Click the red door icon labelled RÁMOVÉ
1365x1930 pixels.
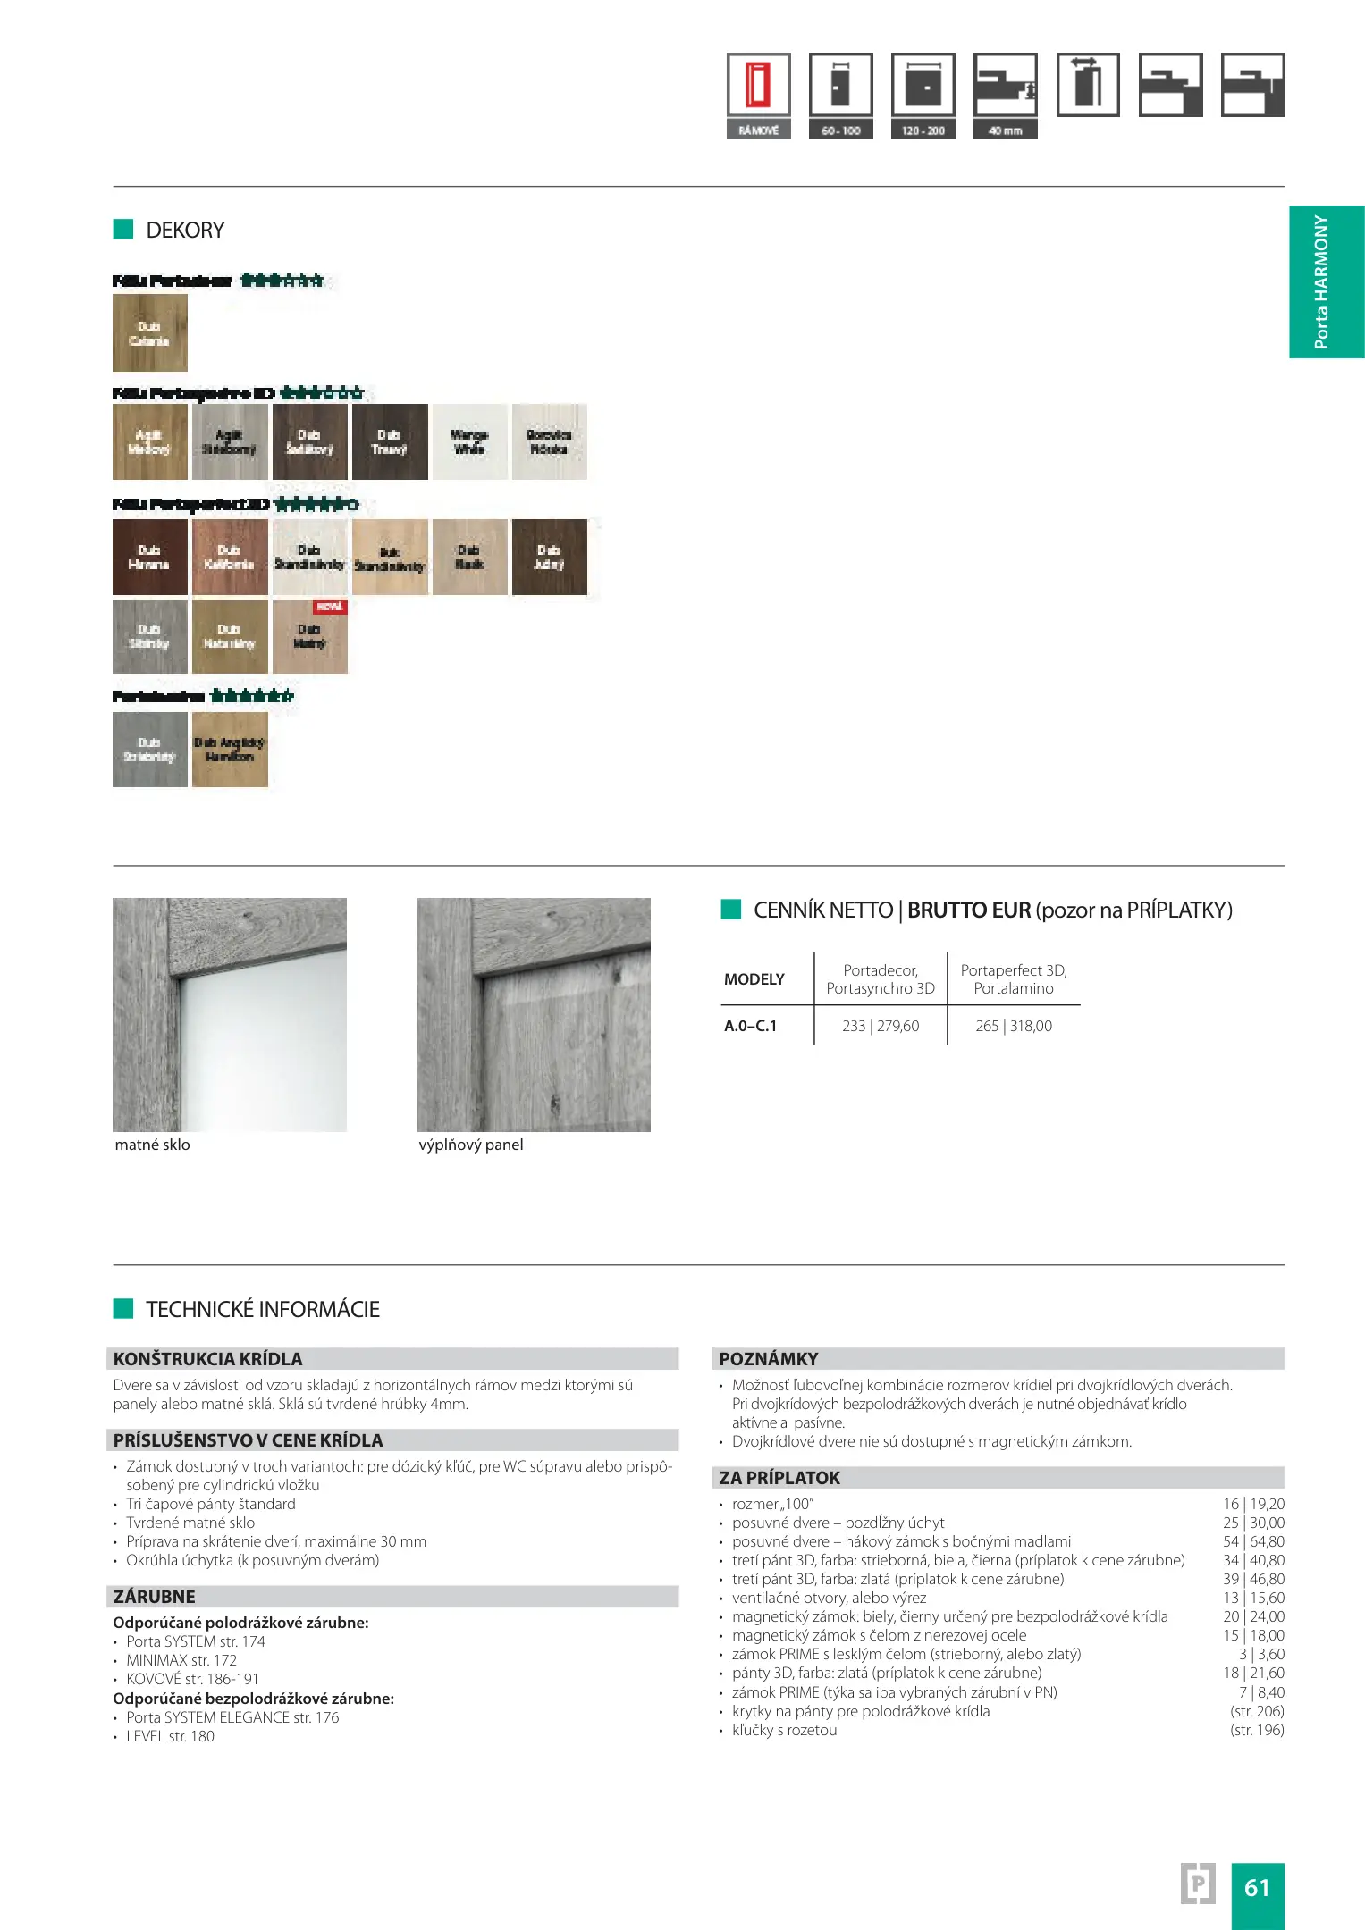coord(758,86)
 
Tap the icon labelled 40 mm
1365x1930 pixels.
coord(1005,86)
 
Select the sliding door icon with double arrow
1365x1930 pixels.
coord(1087,84)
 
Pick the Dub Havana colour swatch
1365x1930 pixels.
coord(149,557)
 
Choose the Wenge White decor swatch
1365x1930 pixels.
coord(469,442)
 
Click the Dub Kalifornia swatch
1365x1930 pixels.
coord(230,557)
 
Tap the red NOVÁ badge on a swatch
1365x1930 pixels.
coord(330,607)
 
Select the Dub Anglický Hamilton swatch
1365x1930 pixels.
coord(230,749)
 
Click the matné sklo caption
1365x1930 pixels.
coord(152,1145)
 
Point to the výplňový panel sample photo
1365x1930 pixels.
coord(534,1014)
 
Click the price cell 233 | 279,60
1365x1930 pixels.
coord(881,1026)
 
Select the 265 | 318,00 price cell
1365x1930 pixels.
coord(1014,1026)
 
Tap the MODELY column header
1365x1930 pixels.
coord(754,979)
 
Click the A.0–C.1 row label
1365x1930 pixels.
coord(751,1026)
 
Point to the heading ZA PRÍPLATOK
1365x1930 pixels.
coord(779,1478)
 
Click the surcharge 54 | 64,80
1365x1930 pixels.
coord(1253,1541)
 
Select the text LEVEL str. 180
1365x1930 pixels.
coord(170,1736)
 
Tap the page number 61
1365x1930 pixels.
coord(1257,1887)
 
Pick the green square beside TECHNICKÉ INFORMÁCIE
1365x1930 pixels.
coord(122,1309)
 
